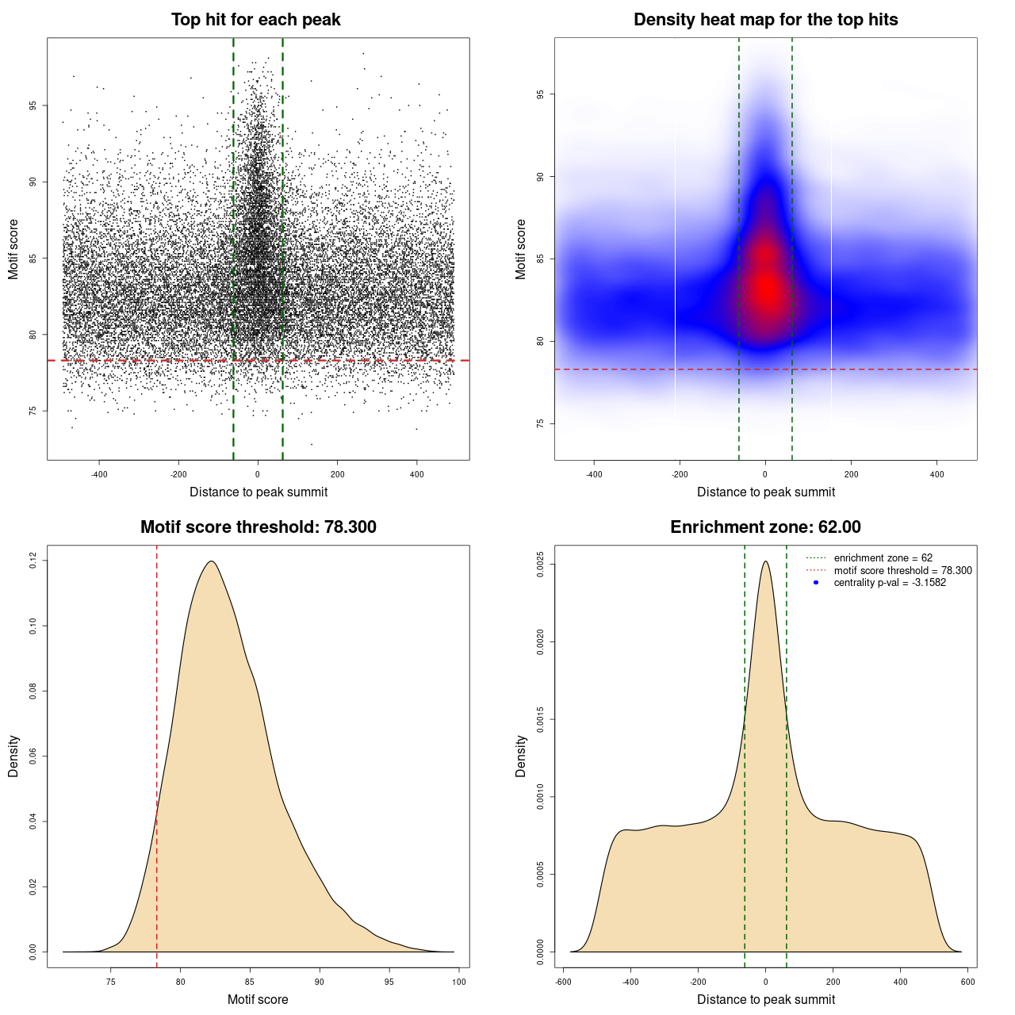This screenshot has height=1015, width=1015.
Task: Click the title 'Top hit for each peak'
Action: tap(255, 20)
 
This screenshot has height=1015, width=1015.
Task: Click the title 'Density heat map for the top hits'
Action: tap(765, 20)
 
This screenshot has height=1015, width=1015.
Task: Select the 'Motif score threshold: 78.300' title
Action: tap(258, 527)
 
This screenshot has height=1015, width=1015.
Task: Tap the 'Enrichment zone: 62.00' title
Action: tap(765, 527)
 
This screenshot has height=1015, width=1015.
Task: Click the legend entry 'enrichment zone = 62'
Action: tap(883, 558)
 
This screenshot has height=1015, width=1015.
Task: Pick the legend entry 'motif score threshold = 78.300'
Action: tap(902, 570)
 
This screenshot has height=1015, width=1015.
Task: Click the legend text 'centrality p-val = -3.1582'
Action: tap(890, 583)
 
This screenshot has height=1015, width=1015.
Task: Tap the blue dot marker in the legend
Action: tap(816, 583)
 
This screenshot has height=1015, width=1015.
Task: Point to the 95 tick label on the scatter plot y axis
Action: tap(33, 105)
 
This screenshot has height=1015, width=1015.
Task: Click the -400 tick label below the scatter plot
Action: tap(99, 474)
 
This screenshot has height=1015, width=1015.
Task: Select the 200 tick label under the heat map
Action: tap(851, 474)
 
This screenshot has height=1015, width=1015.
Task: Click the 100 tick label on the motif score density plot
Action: tap(459, 982)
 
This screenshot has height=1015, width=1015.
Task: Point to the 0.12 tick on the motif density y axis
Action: tap(33, 561)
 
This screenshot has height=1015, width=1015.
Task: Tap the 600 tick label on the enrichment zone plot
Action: tap(967, 982)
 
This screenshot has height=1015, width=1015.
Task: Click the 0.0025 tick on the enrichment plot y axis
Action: tap(540, 565)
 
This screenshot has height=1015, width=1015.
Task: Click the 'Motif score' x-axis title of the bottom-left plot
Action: tap(258, 999)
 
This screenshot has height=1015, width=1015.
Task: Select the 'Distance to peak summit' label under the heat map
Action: tap(765, 492)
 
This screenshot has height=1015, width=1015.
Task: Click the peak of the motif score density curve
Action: tap(212, 561)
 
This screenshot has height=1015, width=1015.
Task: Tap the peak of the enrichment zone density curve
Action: tap(765, 561)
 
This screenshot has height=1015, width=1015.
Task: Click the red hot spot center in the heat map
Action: tap(766, 289)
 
